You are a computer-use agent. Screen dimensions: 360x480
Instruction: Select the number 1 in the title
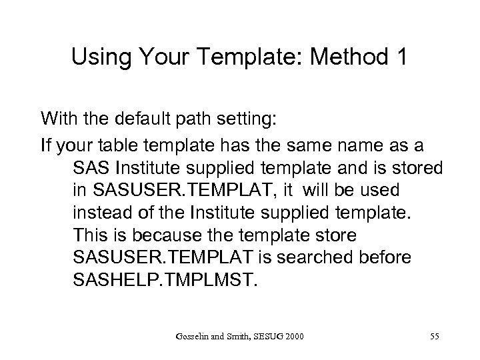coord(400,59)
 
